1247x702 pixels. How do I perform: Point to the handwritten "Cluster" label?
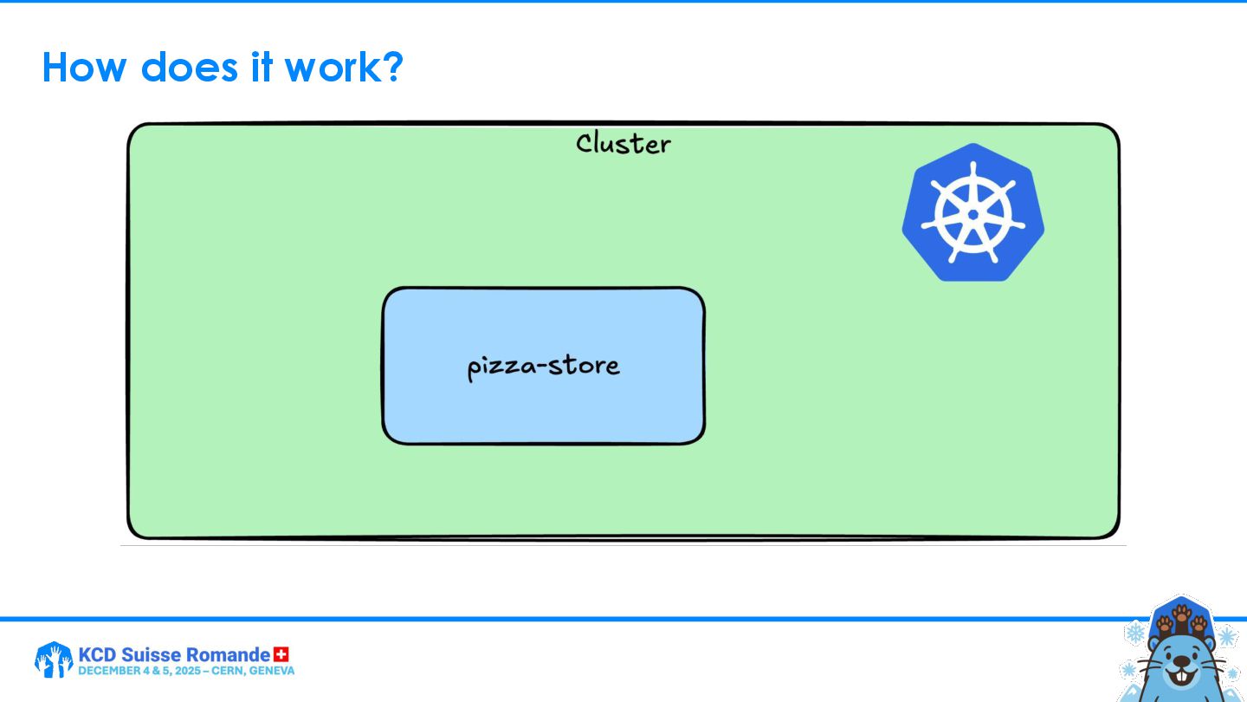click(x=623, y=143)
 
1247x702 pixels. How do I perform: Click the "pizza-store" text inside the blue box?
click(x=543, y=366)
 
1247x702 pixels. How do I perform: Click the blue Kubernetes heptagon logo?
click(x=972, y=212)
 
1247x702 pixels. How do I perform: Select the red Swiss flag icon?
click(x=281, y=654)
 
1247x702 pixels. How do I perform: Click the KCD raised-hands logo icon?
click(x=53, y=660)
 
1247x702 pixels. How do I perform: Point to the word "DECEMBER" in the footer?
click(x=107, y=671)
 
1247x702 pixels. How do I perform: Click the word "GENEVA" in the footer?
click(x=273, y=671)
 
